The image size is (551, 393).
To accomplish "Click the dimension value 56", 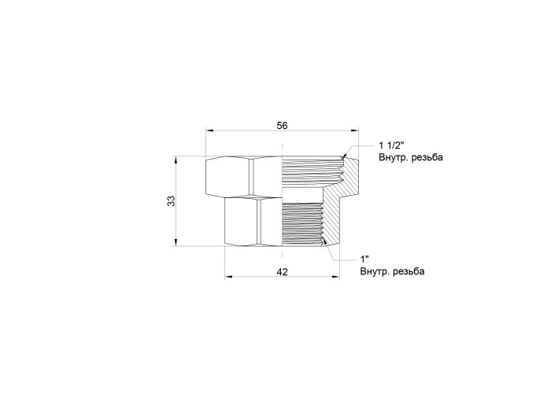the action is (x=282, y=125).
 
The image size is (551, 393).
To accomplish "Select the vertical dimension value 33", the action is (x=171, y=201).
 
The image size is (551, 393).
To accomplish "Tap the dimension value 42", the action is (x=282, y=272).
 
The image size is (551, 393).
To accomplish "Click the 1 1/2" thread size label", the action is (x=391, y=145).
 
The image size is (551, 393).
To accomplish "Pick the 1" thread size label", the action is (x=364, y=259).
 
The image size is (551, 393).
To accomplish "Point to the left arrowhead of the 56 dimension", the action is (x=209, y=130).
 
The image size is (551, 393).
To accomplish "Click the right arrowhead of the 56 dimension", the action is (x=354, y=130).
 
